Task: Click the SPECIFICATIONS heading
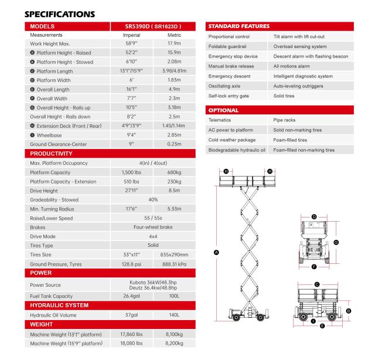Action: pos(59,13)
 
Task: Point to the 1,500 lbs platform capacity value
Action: pos(132,172)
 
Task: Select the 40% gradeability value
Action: pos(154,199)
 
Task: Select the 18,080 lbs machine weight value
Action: pos(132,343)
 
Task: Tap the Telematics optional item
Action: pos(220,120)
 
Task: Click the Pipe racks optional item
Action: pos(285,120)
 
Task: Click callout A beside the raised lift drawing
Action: pos(217,252)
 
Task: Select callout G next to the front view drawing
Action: pos(336,242)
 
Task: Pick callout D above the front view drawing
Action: pos(314,216)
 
